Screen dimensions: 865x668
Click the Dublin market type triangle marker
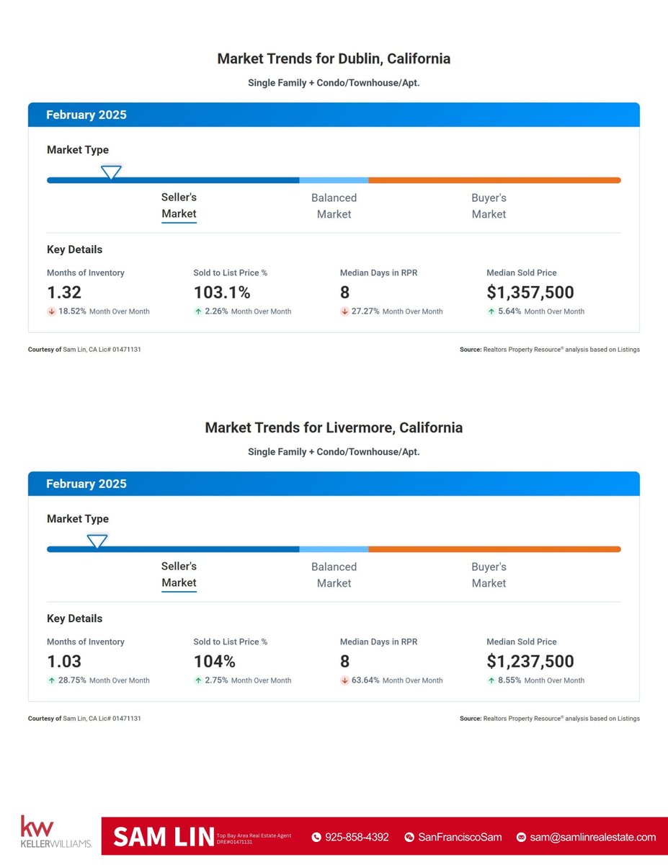[x=110, y=172]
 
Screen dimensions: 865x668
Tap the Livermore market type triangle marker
[x=97, y=541]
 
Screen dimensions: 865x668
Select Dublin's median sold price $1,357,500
[x=530, y=293]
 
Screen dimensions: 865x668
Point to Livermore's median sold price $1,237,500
[x=530, y=662]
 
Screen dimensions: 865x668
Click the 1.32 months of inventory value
[x=64, y=293]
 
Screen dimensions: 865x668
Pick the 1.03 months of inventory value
[x=64, y=662]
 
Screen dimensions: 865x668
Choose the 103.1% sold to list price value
[x=222, y=293]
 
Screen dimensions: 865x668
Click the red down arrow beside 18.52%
[x=51, y=311]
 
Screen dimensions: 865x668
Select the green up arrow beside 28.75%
[x=51, y=680]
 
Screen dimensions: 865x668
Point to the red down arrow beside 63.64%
[x=344, y=680]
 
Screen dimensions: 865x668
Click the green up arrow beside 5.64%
[x=491, y=311]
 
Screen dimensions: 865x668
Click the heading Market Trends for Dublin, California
[x=334, y=59]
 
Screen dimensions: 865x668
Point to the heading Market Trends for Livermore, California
[x=334, y=427]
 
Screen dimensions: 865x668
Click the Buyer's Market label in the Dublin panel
[x=489, y=206]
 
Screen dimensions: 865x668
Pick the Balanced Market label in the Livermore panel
[x=334, y=575]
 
